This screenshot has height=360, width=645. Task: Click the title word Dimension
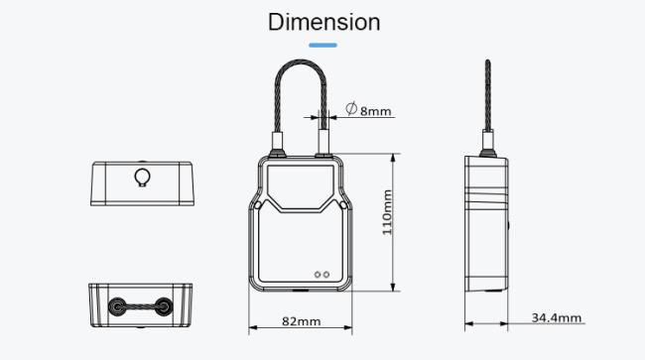click(x=323, y=22)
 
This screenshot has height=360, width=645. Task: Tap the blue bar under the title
click(x=322, y=44)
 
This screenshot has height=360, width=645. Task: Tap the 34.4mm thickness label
click(x=557, y=317)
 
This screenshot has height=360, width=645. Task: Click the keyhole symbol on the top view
click(x=141, y=177)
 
